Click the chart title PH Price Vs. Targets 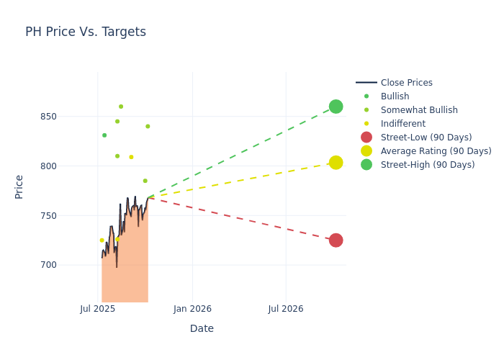pyautogui.click(x=86, y=32)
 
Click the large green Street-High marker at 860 pyautogui.click(x=336, y=107)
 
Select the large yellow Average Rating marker pyautogui.click(x=336, y=163)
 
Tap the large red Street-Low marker pyautogui.click(x=336, y=240)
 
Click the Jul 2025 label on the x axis pyautogui.click(x=98, y=309)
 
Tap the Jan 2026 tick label pyautogui.click(x=192, y=309)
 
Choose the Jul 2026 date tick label pyautogui.click(x=286, y=309)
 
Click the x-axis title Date pyautogui.click(x=202, y=328)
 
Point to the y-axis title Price pyautogui.click(x=19, y=186)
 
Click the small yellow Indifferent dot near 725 pyautogui.click(x=102, y=240)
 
